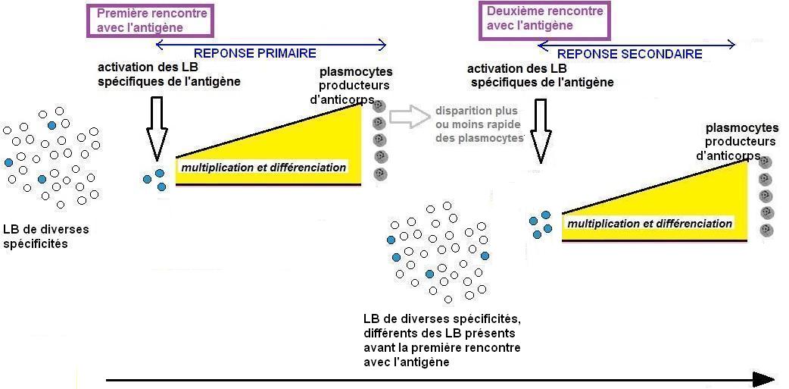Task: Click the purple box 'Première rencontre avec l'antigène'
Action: (x=151, y=20)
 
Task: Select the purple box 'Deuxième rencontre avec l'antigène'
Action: (x=544, y=19)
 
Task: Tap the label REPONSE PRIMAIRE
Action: (x=255, y=54)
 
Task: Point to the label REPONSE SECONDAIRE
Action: (x=629, y=55)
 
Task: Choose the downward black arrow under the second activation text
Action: (x=541, y=129)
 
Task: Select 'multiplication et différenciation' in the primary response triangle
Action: (x=263, y=168)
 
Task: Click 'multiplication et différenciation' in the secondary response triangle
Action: (x=650, y=224)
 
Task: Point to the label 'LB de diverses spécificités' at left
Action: (x=46, y=236)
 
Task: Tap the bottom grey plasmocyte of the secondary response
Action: (x=767, y=229)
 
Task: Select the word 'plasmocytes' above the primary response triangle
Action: (x=356, y=73)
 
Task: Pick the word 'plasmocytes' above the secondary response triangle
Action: (x=742, y=128)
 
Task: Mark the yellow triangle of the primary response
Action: (x=318, y=144)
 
